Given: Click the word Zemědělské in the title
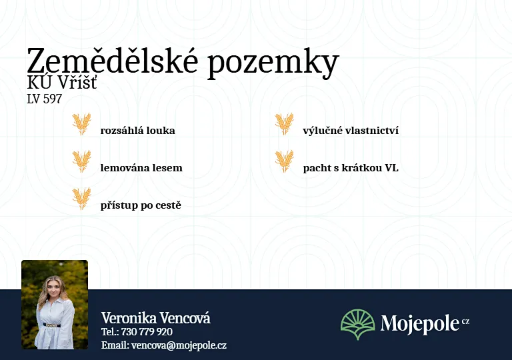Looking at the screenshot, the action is (x=112, y=61).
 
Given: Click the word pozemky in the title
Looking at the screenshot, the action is (x=273, y=64).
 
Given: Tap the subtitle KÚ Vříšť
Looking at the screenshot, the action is (x=62, y=82).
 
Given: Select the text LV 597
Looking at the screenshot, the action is (x=44, y=99).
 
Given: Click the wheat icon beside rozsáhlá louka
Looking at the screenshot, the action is (x=81, y=124).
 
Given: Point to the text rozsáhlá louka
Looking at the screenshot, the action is (x=137, y=131).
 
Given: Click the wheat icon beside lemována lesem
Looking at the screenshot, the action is (x=81, y=161).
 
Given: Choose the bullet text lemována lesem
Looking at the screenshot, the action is (x=141, y=167).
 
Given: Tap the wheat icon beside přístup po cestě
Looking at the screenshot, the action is (x=81, y=199).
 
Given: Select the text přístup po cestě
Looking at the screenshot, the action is (x=141, y=205).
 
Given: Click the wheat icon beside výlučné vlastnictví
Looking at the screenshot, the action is (x=284, y=124).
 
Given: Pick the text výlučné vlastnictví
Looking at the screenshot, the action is (x=351, y=131).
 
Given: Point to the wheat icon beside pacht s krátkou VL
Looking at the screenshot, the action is (x=284, y=161).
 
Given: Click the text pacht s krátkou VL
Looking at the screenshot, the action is (x=351, y=168).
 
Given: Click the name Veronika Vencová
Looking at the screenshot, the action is (x=156, y=318).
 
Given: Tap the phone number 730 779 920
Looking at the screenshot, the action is (x=147, y=332).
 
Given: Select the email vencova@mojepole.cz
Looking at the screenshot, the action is (x=179, y=345).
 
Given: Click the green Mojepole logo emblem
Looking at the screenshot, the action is (x=358, y=325).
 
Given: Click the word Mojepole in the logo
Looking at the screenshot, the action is (x=420, y=324).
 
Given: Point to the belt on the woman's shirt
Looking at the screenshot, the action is (x=52, y=325).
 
